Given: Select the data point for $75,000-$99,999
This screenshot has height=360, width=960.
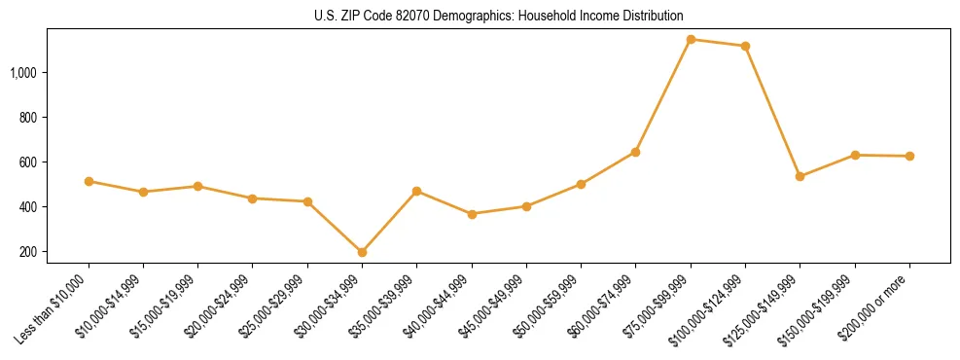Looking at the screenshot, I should [691, 40].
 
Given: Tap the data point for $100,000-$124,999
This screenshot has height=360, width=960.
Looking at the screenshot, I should [745, 46].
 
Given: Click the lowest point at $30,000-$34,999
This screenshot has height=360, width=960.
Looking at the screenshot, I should [362, 252].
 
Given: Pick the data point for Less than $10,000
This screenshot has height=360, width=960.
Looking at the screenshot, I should [89, 181].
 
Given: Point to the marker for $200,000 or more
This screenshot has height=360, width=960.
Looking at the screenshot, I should [909, 156].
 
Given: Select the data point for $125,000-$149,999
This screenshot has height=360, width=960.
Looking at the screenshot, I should [800, 176].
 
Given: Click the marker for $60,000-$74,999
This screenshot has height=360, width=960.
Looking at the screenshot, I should [635, 152].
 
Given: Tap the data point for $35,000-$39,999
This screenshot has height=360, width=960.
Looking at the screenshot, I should [416, 191].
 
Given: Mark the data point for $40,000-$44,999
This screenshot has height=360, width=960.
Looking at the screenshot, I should [472, 214].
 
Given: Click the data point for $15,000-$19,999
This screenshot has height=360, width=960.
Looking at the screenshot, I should [197, 186].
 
